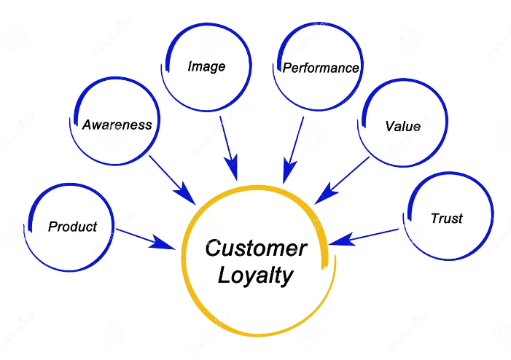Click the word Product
pos(72,227)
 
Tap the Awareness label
pos(117,125)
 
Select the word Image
pos(206,66)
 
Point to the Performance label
pos(321,69)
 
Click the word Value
pos(402,126)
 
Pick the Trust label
pos(446,218)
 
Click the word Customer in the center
pos(256,248)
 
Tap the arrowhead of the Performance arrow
pos(286,174)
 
